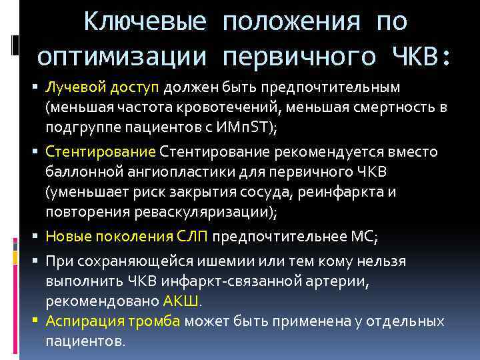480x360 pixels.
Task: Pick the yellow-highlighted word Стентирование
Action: coord(100,151)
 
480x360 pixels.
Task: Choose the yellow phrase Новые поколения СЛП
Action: coord(127,236)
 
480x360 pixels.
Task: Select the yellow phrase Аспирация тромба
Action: coord(113,321)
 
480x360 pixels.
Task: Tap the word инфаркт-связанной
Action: coord(217,281)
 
